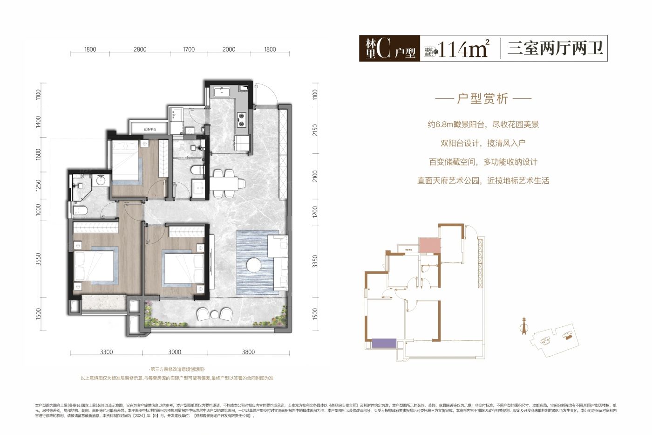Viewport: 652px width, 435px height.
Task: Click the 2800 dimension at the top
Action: click(x=140, y=49)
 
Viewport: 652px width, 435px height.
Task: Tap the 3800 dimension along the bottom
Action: click(x=248, y=352)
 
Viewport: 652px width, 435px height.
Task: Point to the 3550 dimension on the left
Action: click(x=39, y=263)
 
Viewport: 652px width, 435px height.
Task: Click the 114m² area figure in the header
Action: click(x=463, y=48)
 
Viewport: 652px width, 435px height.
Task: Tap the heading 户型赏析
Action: click(x=482, y=99)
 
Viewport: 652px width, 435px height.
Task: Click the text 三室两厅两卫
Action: click(x=555, y=48)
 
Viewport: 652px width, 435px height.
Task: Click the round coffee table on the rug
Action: click(x=254, y=265)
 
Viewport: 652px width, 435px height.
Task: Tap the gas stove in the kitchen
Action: click(x=242, y=120)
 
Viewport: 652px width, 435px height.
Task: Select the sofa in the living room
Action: click(x=278, y=262)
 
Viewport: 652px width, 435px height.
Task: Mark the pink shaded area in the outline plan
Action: click(x=429, y=245)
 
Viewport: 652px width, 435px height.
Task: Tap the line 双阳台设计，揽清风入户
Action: click(x=482, y=143)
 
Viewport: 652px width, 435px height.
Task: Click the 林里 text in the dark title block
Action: click(x=371, y=49)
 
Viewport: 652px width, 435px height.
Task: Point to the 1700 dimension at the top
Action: click(x=189, y=49)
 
